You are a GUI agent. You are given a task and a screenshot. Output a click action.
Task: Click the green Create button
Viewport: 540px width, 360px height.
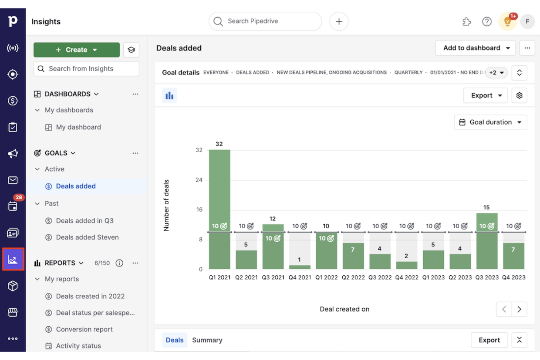coord(76,50)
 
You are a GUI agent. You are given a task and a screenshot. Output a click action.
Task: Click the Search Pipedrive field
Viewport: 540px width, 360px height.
coord(265,21)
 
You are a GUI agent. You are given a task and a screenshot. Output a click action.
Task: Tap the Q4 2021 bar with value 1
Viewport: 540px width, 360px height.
coord(300,267)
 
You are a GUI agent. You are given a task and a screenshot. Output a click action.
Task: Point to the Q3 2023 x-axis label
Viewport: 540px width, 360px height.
coord(486,277)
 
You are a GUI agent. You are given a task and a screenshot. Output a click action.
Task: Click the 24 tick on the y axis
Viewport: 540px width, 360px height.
coord(199,180)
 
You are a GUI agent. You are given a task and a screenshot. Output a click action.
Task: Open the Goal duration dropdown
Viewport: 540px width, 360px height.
coord(490,122)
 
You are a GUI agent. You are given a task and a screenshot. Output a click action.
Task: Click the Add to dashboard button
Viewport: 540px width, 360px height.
coord(475,48)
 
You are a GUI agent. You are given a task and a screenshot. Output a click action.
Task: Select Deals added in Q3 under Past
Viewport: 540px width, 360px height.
coord(85,221)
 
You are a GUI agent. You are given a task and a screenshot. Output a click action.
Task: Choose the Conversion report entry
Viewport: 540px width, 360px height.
coord(84,329)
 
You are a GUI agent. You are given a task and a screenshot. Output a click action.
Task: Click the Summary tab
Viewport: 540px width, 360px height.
coord(207,340)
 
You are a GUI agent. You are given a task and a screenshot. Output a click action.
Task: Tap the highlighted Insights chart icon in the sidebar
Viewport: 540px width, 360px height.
coord(13,259)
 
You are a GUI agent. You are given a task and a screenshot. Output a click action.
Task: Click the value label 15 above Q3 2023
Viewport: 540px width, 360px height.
coord(486,207)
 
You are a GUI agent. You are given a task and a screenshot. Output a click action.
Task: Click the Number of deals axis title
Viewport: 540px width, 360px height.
coord(166,205)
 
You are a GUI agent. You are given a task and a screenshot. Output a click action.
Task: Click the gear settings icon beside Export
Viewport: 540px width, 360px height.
coord(519,96)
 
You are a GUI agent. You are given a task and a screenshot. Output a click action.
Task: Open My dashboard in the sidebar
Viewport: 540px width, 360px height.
coord(78,127)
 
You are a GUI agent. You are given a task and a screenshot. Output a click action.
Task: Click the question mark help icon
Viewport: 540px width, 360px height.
coord(487,22)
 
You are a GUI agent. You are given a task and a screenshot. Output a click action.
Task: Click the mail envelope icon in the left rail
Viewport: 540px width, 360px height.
coord(13,180)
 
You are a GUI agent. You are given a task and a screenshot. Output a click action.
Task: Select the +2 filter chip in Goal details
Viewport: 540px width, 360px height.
coord(496,73)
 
